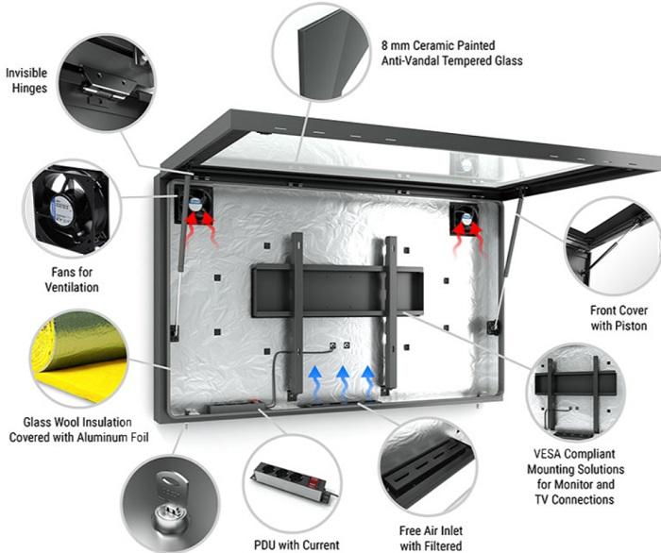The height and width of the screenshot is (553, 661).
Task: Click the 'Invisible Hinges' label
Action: coord(27,80)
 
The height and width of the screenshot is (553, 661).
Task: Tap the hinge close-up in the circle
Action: coord(101,78)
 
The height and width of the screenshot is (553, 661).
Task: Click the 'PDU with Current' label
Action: coord(296,544)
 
